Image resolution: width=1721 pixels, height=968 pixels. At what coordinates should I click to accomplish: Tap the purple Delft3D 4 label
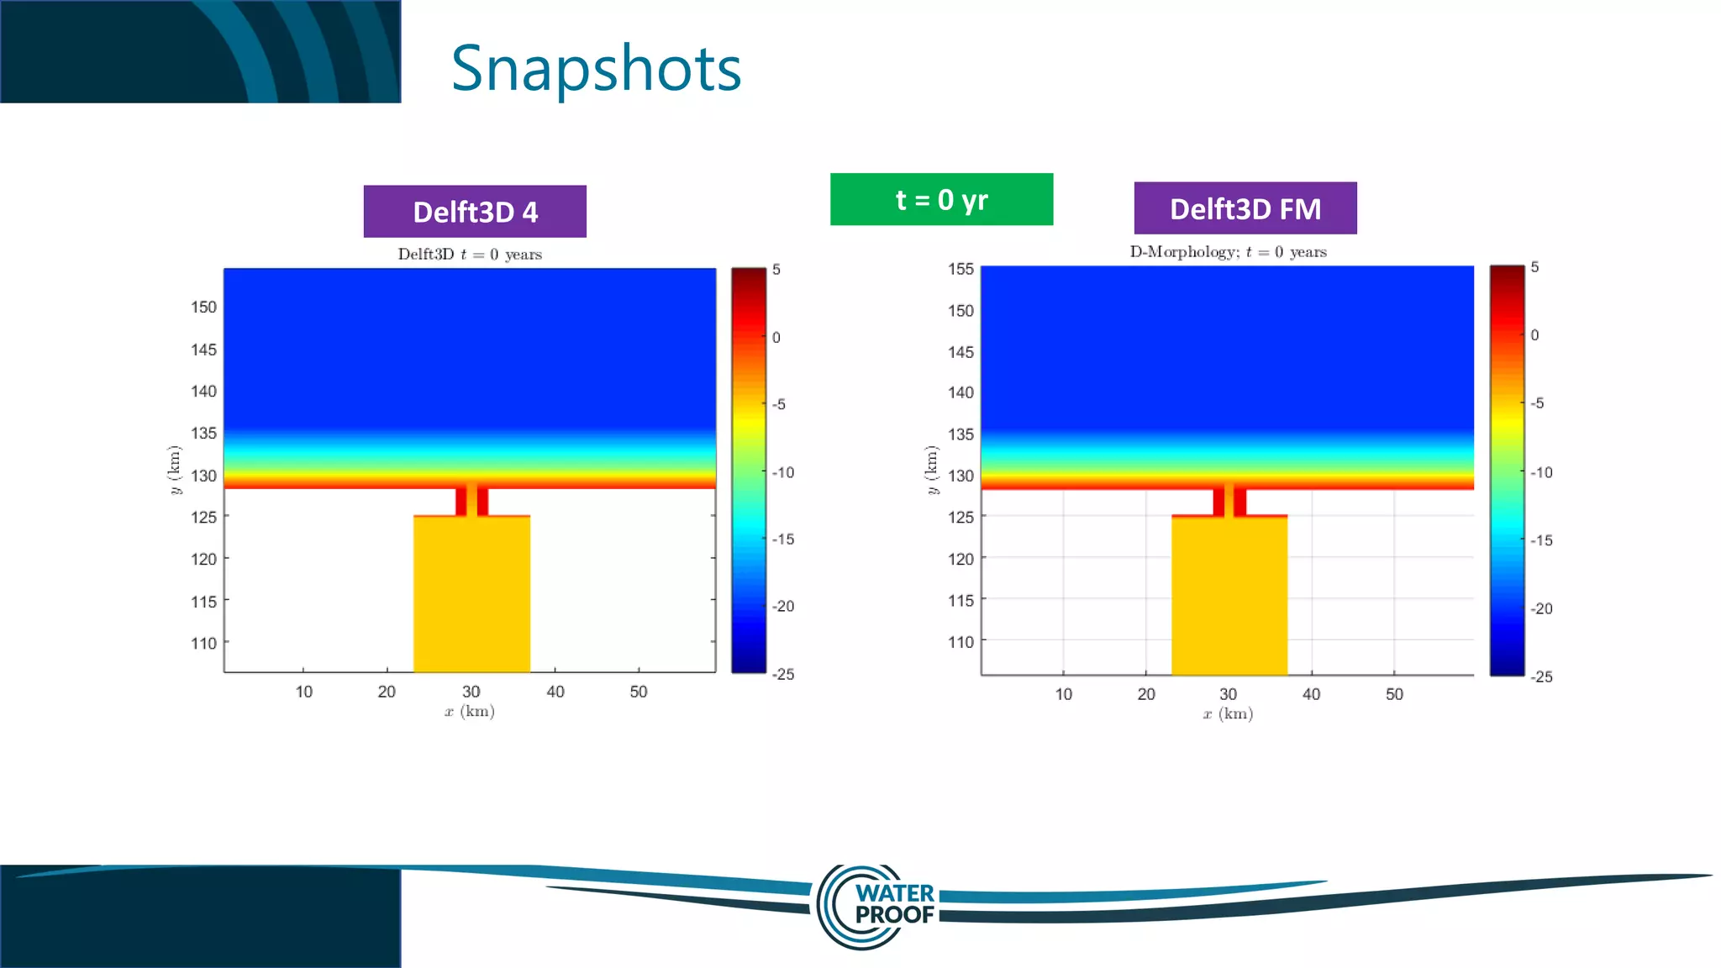(x=475, y=212)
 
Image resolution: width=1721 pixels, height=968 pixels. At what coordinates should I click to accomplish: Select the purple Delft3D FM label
(x=1245, y=208)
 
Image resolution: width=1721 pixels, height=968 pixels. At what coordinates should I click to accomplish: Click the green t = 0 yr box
(x=941, y=200)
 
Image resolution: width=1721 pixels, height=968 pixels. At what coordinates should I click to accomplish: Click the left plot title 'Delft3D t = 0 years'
(x=470, y=254)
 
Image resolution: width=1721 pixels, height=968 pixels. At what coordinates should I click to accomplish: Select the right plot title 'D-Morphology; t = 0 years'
(x=1228, y=252)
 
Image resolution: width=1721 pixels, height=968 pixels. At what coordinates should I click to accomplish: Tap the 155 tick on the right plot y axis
(x=960, y=269)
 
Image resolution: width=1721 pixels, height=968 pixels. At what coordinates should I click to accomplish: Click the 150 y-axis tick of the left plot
(x=203, y=308)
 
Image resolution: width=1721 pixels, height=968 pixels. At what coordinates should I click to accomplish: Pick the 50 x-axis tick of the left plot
(x=639, y=692)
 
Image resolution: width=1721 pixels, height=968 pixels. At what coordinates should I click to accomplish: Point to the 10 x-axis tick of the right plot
(x=1063, y=694)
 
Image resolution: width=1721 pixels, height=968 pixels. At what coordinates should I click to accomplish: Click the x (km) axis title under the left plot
(x=470, y=712)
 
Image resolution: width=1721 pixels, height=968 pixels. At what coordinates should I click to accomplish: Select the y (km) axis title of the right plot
(x=931, y=470)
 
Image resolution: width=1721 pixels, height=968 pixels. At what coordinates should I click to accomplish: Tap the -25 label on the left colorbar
(x=783, y=674)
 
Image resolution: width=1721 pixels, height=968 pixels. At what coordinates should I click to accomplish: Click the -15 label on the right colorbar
(x=1541, y=540)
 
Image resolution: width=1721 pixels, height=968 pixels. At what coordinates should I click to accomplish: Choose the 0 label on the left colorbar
(x=776, y=338)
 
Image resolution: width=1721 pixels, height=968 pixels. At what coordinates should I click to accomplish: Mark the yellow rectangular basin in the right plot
(x=1229, y=596)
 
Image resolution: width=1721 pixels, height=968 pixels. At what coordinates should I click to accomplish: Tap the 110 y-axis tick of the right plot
(x=960, y=642)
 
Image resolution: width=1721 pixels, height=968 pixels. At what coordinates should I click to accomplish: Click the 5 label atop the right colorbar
(x=1534, y=267)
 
